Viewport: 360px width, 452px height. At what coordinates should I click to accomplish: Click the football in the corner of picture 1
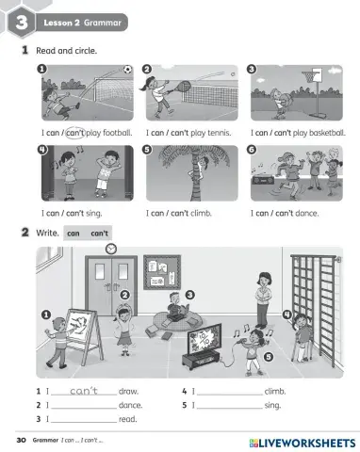coord(127,69)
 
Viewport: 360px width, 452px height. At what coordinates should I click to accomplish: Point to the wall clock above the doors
coord(111,249)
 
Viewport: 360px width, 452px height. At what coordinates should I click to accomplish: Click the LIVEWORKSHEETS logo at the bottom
coord(300,441)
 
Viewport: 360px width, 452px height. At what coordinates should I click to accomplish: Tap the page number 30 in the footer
coord(21,441)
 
